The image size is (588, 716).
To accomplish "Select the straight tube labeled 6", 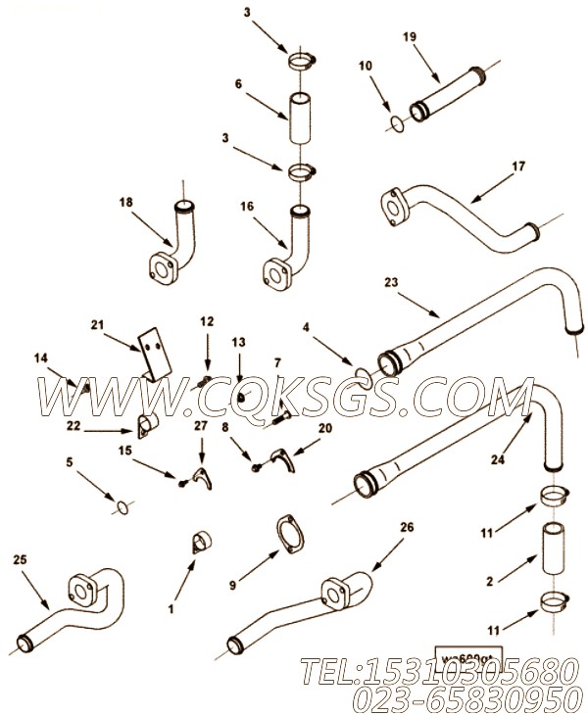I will [300, 120].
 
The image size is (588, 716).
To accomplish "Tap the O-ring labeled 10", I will [394, 122].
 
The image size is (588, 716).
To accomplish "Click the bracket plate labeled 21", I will [151, 354].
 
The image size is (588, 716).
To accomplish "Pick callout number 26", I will [405, 527].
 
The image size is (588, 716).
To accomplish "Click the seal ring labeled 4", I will [360, 372].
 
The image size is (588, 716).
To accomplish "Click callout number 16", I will [245, 208].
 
